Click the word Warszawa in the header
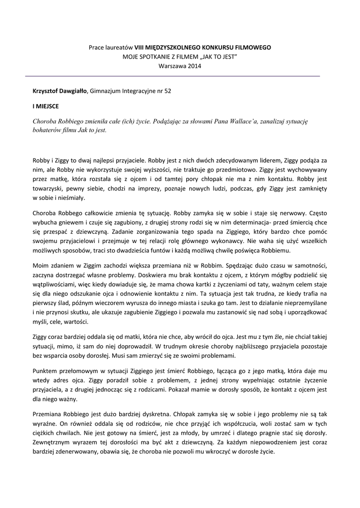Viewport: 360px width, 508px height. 171,66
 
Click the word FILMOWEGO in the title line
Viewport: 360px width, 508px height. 252,47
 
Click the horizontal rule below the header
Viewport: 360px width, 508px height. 173,76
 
